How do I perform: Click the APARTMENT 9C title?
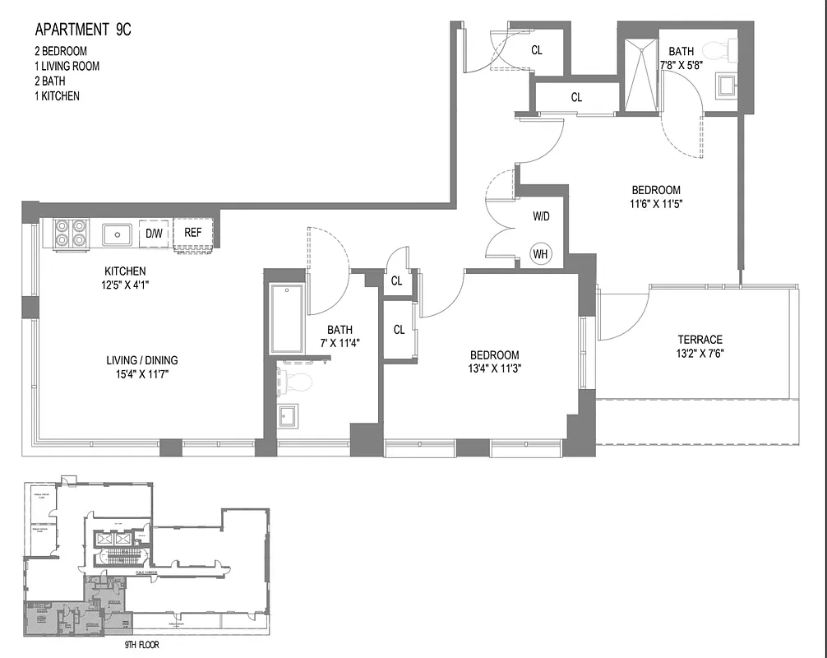pyautogui.click(x=82, y=30)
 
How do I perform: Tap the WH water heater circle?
pyautogui.click(x=540, y=253)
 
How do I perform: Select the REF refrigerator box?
pyautogui.click(x=193, y=233)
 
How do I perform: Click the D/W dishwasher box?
pyautogui.click(x=154, y=233)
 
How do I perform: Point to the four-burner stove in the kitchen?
pyautogui.click(x=70, y=233)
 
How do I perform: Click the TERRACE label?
pyautogui.click(x=700, y=340)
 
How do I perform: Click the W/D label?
pyautogui.click(x=541, y=217)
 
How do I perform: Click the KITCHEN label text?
pyautogui.click(x=125, y=271)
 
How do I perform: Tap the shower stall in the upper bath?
pyautogui.click(x=640, y=74)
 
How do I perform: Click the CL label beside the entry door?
pyautogui.click(x=536, y=50)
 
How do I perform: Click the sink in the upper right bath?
pyautogui.click(x=726, y=86)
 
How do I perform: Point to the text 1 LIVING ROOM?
pyautogui.click(x=67, y=66)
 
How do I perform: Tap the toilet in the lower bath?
pyautogui.click(x=298, y=382)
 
